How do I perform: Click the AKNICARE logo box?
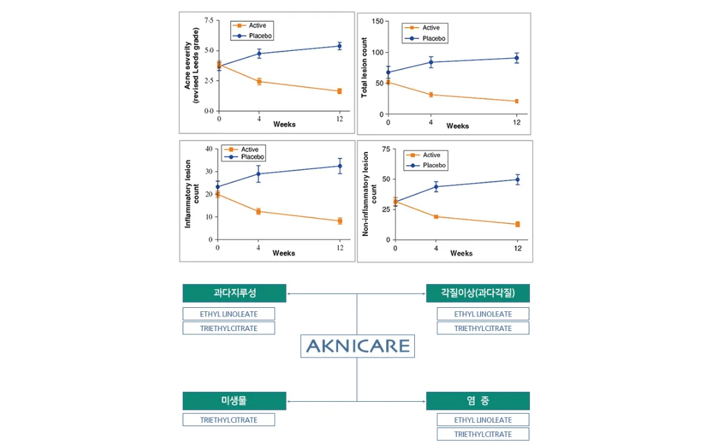357,346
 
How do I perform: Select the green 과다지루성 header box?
234,293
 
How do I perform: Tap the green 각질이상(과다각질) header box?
478,293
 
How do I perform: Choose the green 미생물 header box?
234,400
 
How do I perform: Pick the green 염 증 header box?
478,400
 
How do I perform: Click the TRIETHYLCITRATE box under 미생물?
228,420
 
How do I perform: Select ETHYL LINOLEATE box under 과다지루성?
228,314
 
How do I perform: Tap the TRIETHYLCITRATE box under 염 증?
482,434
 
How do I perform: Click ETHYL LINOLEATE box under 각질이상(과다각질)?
482,314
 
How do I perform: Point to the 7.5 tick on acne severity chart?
209,20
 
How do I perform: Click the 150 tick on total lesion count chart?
377,21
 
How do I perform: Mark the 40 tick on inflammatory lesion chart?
208,149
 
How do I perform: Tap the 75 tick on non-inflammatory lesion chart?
384,149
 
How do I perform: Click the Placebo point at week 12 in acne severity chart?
339,46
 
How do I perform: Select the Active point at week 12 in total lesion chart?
516,101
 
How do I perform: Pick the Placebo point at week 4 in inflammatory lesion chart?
259,174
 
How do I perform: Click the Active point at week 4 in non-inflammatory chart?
436,217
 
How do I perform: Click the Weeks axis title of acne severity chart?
284,124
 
